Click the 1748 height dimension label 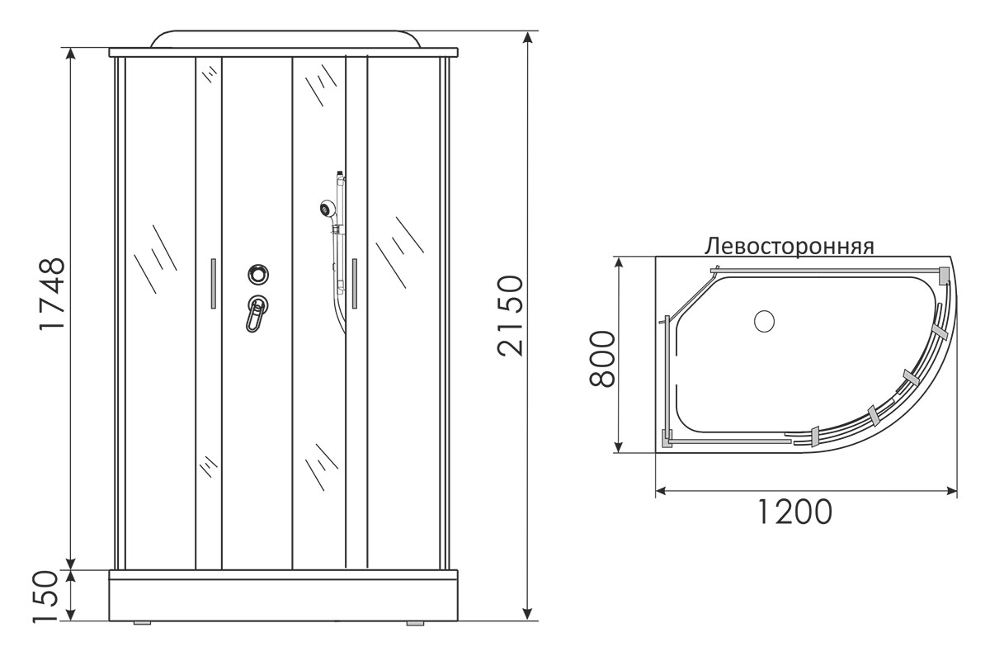point(52,294)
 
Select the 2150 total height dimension point(510,315)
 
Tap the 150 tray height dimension point(45,597)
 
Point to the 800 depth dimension point(602,360)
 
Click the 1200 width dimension point(795,512)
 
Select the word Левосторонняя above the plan point(790,247)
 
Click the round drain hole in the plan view point(764,321)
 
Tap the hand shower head point(328,207)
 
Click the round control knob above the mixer point(258,274)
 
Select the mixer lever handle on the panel point(256,314)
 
